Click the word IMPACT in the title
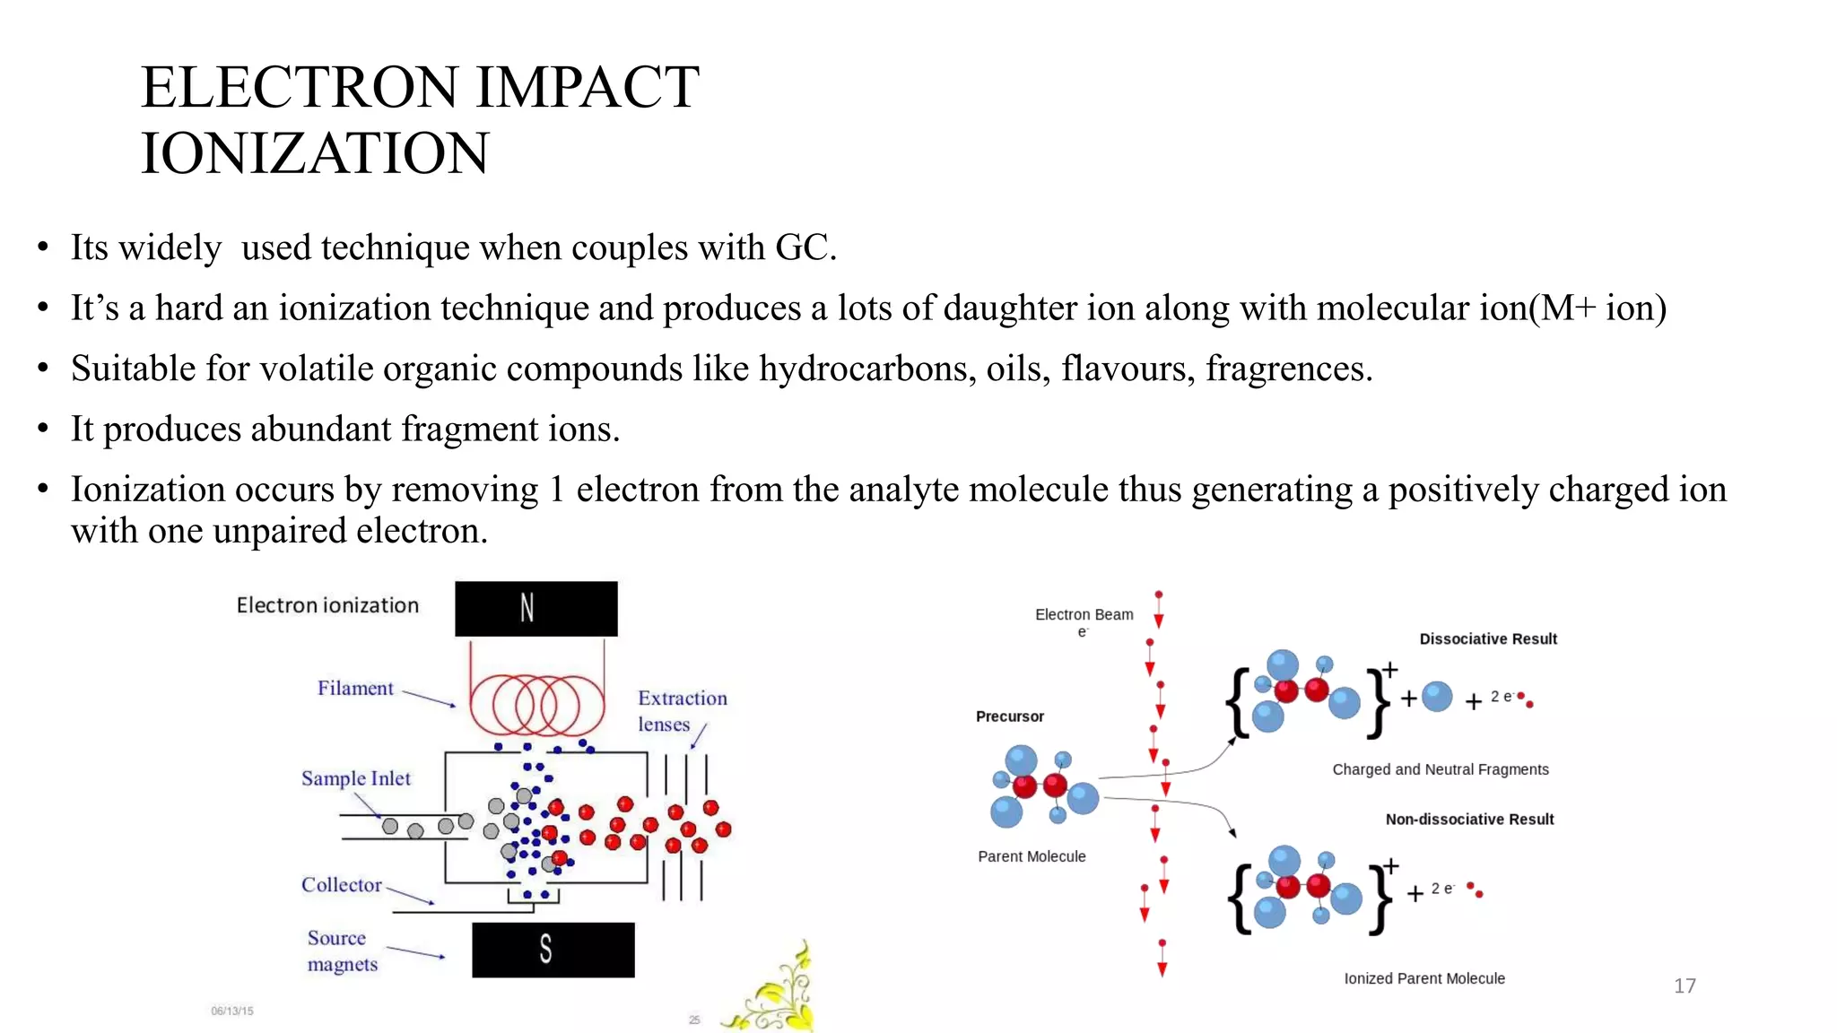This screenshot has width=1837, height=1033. [x=587, y=88]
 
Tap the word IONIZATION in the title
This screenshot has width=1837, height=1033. [x=315, y=153]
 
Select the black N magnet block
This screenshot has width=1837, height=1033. [x=535, y=609]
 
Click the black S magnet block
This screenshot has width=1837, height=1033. [x=553, y=950]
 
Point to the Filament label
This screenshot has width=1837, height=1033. [x=355, y=689]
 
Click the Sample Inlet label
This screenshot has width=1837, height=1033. [x=355, y=778]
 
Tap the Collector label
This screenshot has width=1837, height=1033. [x=341, y=885]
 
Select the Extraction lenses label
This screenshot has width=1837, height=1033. [x=682, y=711]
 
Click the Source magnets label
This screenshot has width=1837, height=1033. [x=341, y=951]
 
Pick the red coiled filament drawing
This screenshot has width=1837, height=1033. [x=536, y=704]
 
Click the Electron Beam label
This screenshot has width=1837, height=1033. [x=1084, y=615]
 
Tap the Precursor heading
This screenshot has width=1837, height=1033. [x=1009, y=716]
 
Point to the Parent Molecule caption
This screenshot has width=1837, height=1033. [x=1032, y=856]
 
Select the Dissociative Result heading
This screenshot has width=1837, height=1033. [x=1487, y=639]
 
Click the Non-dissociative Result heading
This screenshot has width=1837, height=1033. [x=1468, y=820]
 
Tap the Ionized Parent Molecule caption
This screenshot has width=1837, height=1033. [x=1423, y=978]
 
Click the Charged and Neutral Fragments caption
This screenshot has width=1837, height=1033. [x=1440, y=769]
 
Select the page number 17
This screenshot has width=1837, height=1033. [x=1684, y=986]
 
